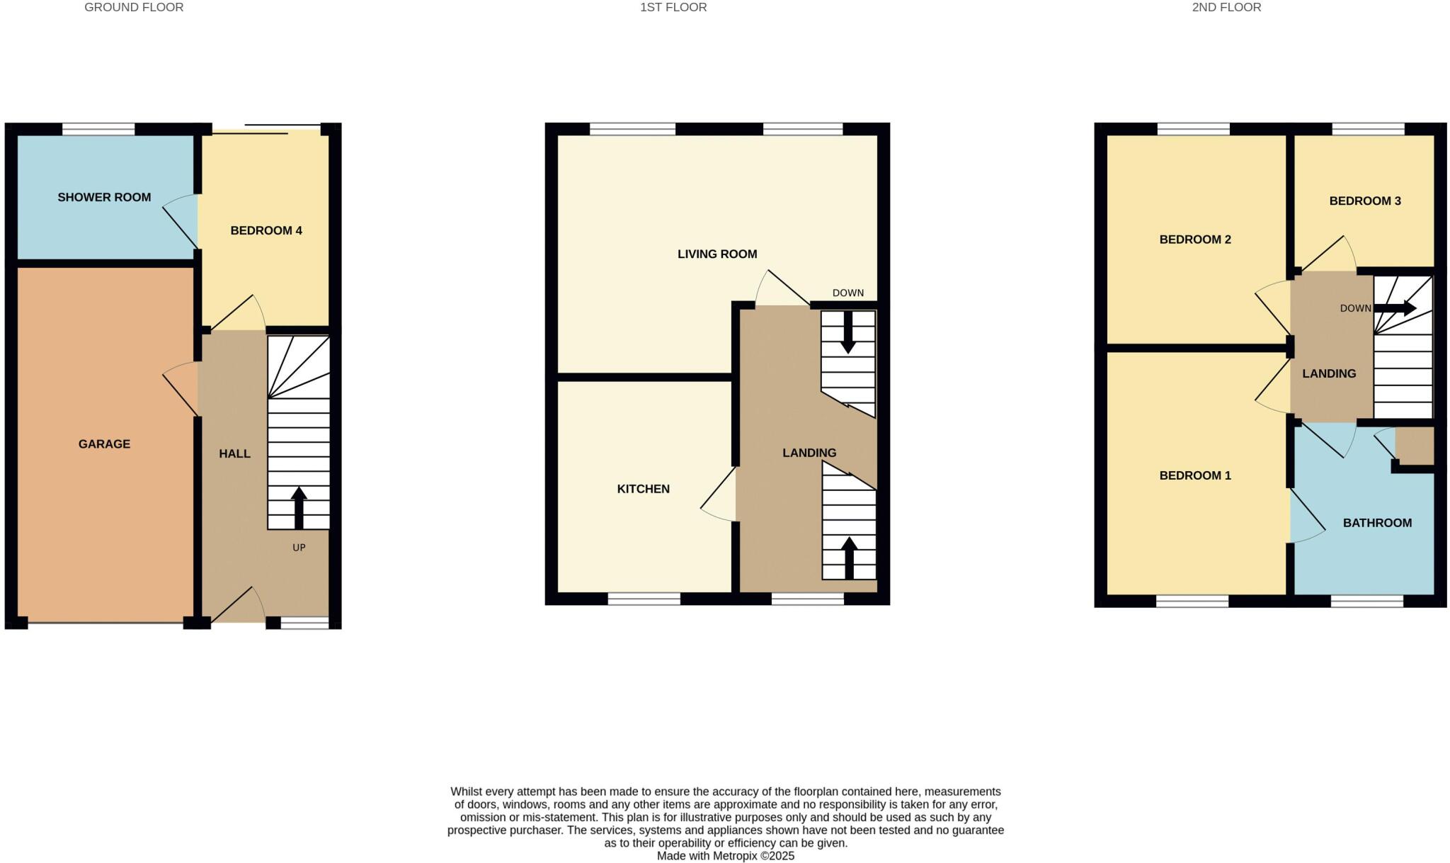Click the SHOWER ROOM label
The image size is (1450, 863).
point(104,197)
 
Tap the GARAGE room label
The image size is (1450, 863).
point(104,444)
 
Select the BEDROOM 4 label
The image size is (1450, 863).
point(266,230)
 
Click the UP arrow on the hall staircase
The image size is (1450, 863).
point(299,506)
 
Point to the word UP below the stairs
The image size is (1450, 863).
point(299,548)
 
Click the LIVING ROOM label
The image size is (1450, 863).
point(717,254)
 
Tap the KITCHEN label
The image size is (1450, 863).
point(643,489)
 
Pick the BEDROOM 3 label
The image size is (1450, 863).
point(1365,201)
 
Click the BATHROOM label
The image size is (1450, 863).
point(1377,523)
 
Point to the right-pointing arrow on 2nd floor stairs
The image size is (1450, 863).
point(1395,308)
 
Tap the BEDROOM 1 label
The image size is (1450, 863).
point(1195,475)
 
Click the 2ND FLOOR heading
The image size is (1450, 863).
point(1226,7)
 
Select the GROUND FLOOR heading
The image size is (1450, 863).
point(134,7)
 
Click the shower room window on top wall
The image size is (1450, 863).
point(98,129)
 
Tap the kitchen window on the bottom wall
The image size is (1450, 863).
point(644,599)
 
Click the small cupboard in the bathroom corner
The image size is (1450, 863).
point(1415,446)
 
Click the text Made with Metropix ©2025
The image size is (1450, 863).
point(725,856)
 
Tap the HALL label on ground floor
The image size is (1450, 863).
point(234,453)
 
